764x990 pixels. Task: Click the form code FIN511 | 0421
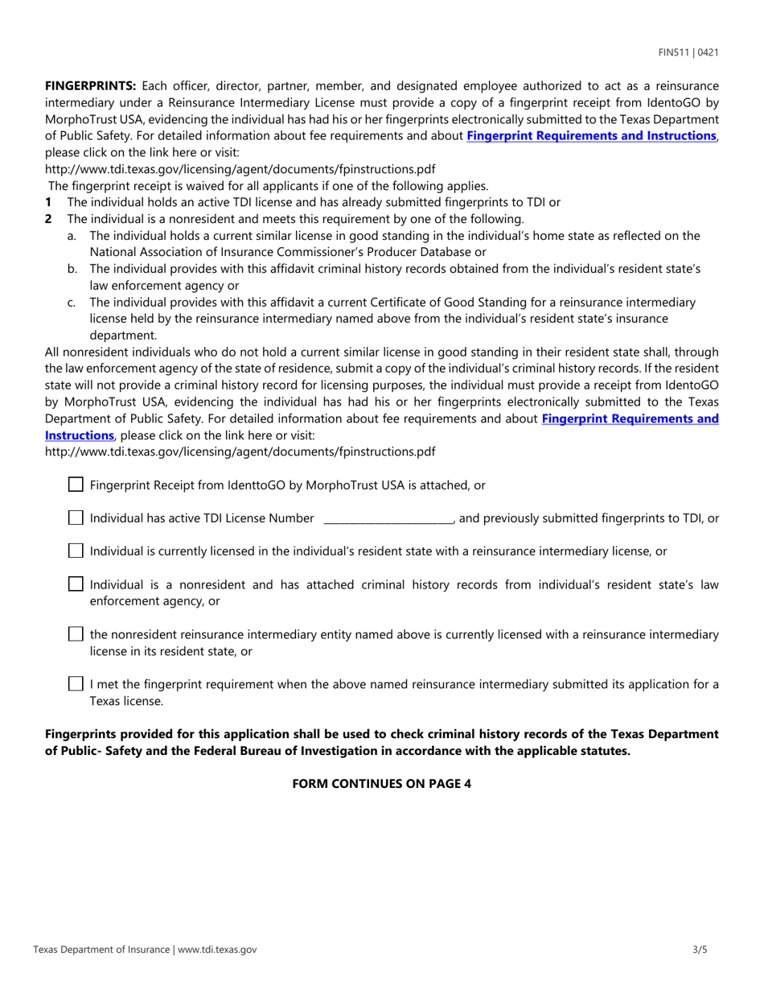tap(688, 53)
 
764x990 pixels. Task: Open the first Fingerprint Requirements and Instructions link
tap(591, 136)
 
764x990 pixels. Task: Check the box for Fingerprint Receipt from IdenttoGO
tap(76, 485)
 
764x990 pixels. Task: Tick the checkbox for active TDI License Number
tap(76, 518)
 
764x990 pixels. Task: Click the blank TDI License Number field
tap(388, 519)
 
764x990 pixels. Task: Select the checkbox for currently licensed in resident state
tap(76, 551)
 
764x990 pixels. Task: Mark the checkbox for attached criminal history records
tap(76, 584)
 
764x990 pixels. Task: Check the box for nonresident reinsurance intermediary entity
tap(76, 634)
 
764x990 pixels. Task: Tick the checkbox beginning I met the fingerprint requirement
tap(76, 684)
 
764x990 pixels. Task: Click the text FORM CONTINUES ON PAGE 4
tap(381, 783)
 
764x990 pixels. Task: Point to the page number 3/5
tap(700, 950)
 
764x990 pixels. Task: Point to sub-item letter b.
tap(72, 269)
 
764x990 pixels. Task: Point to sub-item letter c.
tap(72, 303)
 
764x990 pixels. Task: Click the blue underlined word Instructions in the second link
tap(80, 435)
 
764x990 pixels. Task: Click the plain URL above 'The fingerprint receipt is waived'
tap(240, 169)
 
